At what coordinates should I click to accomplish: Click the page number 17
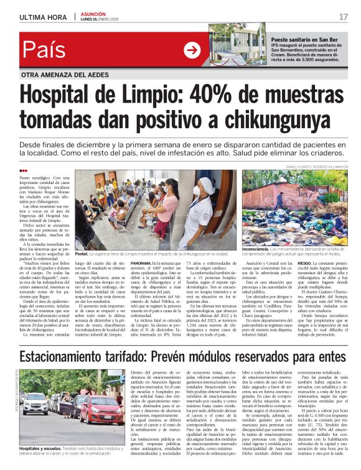343,16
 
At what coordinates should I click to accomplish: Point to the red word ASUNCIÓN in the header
95,13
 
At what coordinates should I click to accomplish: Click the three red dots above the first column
23,170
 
